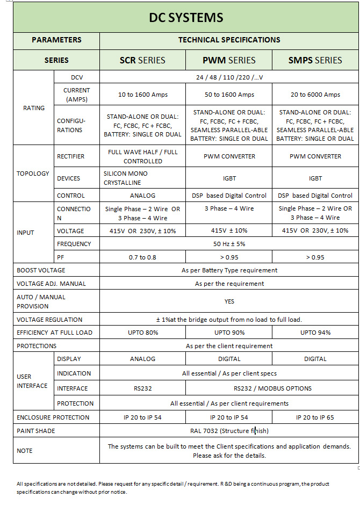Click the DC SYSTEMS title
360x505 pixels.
click(186, 18)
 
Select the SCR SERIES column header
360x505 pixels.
click(142, 60)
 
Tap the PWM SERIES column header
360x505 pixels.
click(229, 60)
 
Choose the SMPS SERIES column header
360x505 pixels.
click(315, 60)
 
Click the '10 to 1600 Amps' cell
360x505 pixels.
click(142, 95)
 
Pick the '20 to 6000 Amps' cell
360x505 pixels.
click(315, 95)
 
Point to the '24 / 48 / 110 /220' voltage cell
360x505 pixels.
click(229, 77)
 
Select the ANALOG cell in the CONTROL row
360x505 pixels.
click(142, 196)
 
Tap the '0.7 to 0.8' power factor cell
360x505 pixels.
click(142, 257)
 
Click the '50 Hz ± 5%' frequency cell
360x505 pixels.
click(229, 244)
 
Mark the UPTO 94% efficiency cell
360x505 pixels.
click(315, 333)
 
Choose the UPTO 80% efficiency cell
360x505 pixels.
click(142, 333)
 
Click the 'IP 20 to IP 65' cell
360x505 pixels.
click(315, 417)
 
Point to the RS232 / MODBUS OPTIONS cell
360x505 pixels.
click(272, 388)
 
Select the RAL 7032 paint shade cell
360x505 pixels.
click(229, 431)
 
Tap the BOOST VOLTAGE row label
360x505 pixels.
click(41, 270)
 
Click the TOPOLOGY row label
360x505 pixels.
click(33, 174)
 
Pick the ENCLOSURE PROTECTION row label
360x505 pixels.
click(53, 417)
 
